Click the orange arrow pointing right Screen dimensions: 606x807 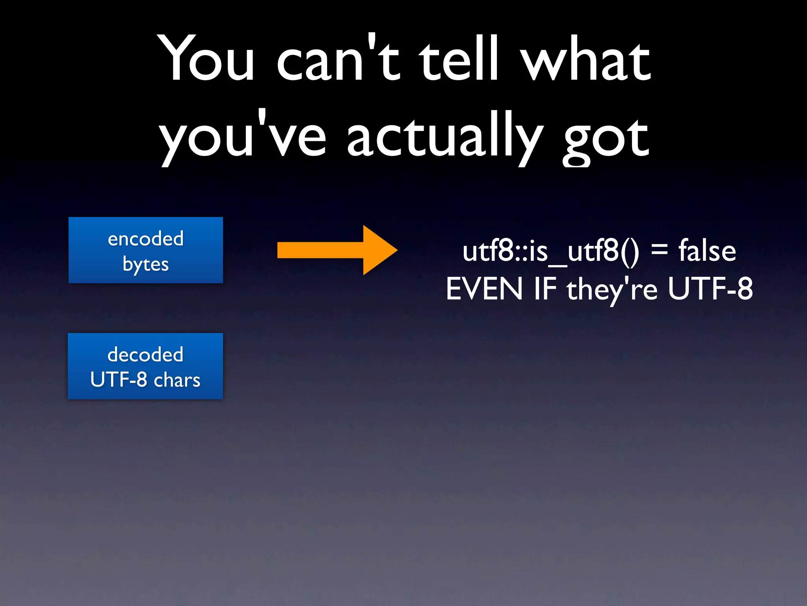point(337,250)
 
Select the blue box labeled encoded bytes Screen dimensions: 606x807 point(146,250)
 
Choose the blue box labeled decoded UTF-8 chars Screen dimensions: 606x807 point(145,366)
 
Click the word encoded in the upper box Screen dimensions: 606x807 point(146,238)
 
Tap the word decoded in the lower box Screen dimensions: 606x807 point(145,354)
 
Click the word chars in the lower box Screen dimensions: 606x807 point(177,380)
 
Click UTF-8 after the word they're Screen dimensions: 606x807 point(710,289)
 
